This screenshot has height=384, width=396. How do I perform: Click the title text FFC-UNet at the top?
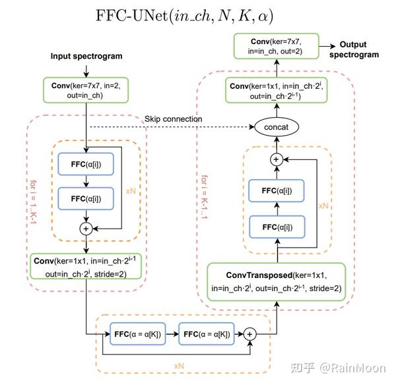click(197, 14)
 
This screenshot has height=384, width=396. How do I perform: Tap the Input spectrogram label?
click(86, 56)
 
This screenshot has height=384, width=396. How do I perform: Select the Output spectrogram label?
click(359, 49)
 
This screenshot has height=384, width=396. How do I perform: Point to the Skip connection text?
click(174, 119)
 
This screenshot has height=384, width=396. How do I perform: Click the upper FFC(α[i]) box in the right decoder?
click(271, 190)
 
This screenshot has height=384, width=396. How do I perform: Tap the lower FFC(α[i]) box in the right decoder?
click(271, 227)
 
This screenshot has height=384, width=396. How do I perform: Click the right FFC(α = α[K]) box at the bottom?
click(204, 335)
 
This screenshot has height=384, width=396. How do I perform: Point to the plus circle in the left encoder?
click(85, 228)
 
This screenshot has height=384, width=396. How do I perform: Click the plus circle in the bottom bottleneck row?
click(250, 335)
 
